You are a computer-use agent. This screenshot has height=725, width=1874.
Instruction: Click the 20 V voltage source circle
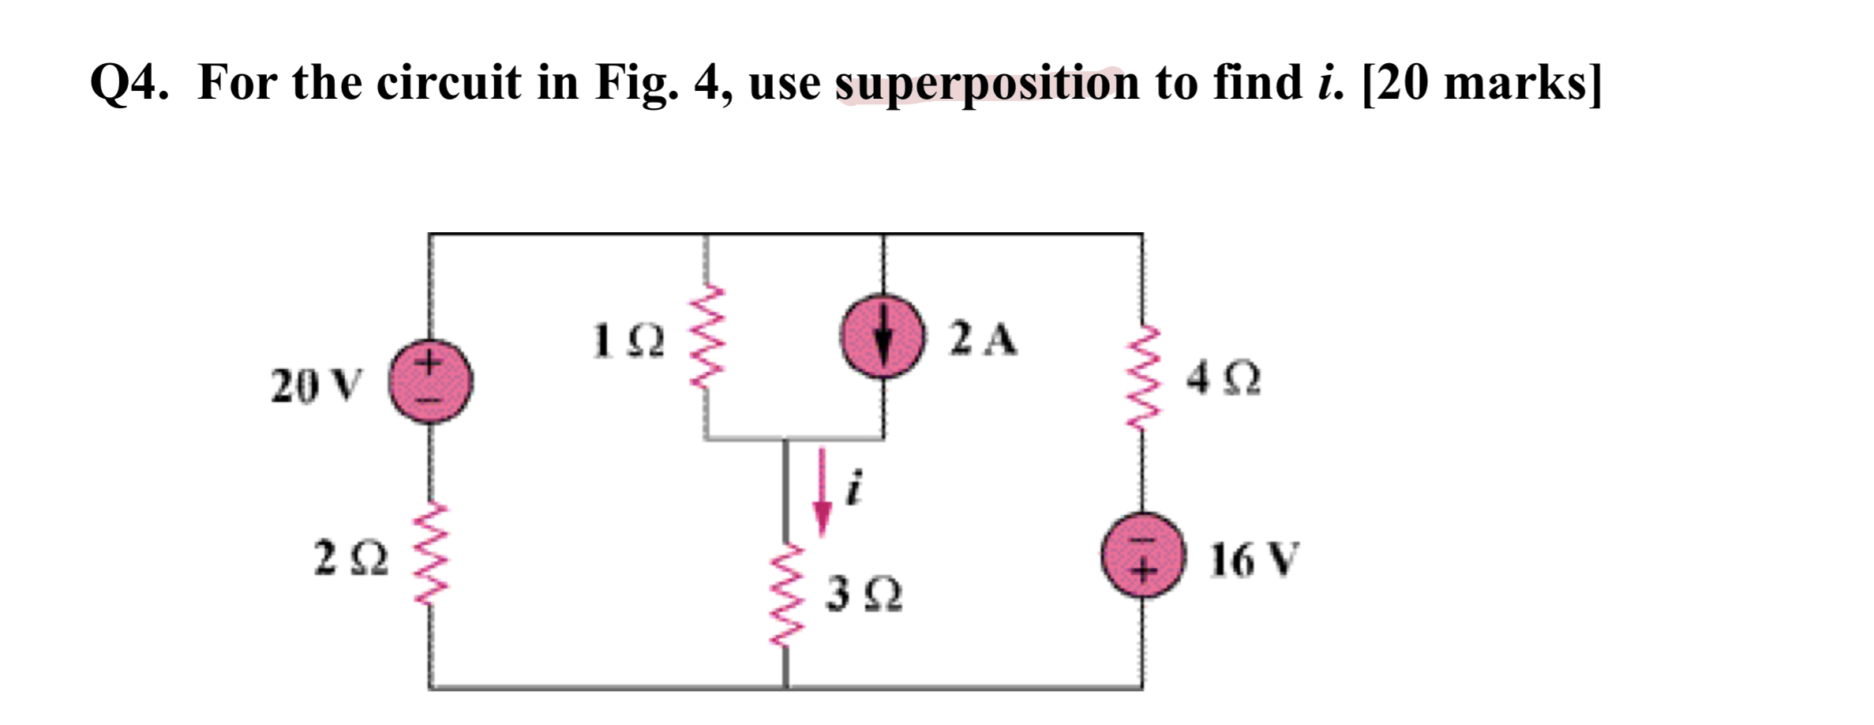(x=430, y=381)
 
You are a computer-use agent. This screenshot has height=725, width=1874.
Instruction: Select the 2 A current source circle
(x=883, y=337)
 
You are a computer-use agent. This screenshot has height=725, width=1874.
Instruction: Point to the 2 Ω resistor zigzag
(x=430, y=557)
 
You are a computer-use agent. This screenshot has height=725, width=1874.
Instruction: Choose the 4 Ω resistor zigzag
(x=1141, y=378)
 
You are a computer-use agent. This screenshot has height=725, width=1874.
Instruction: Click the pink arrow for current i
(x=822, y=494)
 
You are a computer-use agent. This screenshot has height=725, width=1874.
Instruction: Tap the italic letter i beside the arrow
(x=853, y=486)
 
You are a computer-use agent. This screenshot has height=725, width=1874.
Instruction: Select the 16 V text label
(x=1254, y=560)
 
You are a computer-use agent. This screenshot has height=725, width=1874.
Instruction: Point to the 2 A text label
(x=983, y=340)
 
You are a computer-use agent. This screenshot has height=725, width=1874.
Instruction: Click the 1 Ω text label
(x=628, y=341)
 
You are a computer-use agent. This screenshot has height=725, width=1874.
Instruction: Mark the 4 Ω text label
(x=1223, y=379)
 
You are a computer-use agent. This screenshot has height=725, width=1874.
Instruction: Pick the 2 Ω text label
(x=351, y=558)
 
